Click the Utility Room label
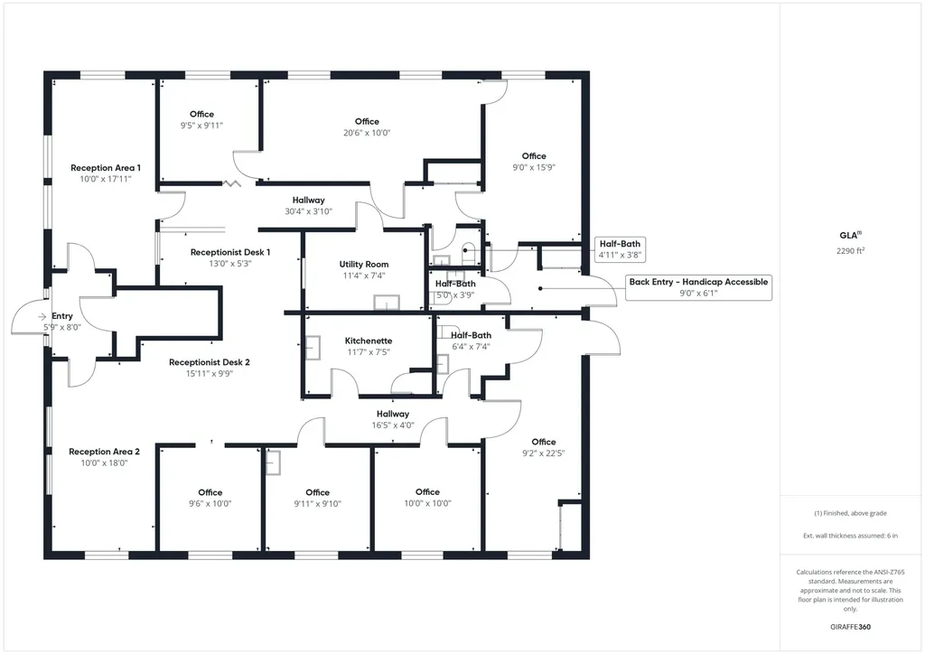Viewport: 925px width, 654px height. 364,264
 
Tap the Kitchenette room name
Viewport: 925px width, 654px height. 369,341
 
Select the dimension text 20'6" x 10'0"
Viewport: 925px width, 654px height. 367,133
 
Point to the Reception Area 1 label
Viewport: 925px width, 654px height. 106,168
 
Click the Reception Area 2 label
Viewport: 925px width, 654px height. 105,452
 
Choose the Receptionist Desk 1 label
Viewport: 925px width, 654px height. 230,252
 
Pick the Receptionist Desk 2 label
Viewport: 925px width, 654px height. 210,362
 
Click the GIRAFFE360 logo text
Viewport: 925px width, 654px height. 850,627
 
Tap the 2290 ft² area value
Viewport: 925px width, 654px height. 850,250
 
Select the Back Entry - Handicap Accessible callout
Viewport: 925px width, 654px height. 698,287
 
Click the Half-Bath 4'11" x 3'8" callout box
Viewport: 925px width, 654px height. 620,248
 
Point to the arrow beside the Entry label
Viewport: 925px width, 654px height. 42,317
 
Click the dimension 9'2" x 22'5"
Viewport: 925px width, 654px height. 543,453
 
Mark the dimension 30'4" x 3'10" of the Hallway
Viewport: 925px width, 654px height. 309,211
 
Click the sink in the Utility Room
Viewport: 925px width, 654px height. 387,302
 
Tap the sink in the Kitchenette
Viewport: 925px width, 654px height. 313,348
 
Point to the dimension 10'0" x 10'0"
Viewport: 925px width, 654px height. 427,503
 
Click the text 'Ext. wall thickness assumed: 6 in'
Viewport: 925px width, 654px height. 850,536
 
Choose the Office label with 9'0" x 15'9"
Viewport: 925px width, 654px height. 534,162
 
